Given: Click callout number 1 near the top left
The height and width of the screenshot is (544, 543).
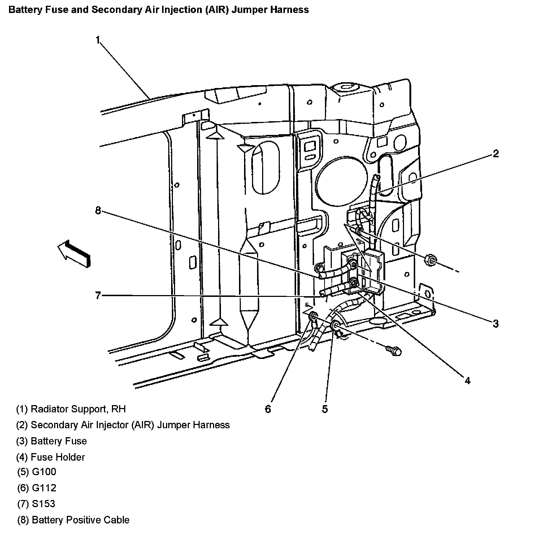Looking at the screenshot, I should [97, 40].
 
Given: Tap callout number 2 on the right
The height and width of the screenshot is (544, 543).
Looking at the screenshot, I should [496, 154].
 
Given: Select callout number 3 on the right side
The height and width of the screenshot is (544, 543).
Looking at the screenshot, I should [496, 324].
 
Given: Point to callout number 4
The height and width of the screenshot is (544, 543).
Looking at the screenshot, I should [468, 381].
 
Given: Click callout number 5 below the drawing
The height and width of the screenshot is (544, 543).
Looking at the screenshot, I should [325, 409].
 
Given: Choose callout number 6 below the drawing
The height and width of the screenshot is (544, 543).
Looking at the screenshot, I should [268, 409].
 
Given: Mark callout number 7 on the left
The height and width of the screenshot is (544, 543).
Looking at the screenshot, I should [98, 296].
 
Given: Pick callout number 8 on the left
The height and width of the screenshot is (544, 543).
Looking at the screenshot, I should [98, 210].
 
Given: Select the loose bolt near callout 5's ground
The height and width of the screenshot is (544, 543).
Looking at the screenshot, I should [394, 350].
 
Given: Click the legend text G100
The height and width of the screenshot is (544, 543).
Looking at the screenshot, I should [44, 472].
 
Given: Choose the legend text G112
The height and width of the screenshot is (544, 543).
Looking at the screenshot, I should [44, 488].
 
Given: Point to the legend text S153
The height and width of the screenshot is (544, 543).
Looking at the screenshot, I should [43, 504].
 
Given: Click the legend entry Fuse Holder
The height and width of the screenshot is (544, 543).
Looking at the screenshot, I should [58, 457].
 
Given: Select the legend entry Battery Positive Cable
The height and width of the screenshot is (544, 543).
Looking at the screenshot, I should [81, 520].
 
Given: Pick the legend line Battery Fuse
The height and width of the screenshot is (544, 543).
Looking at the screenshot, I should [58, 441].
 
